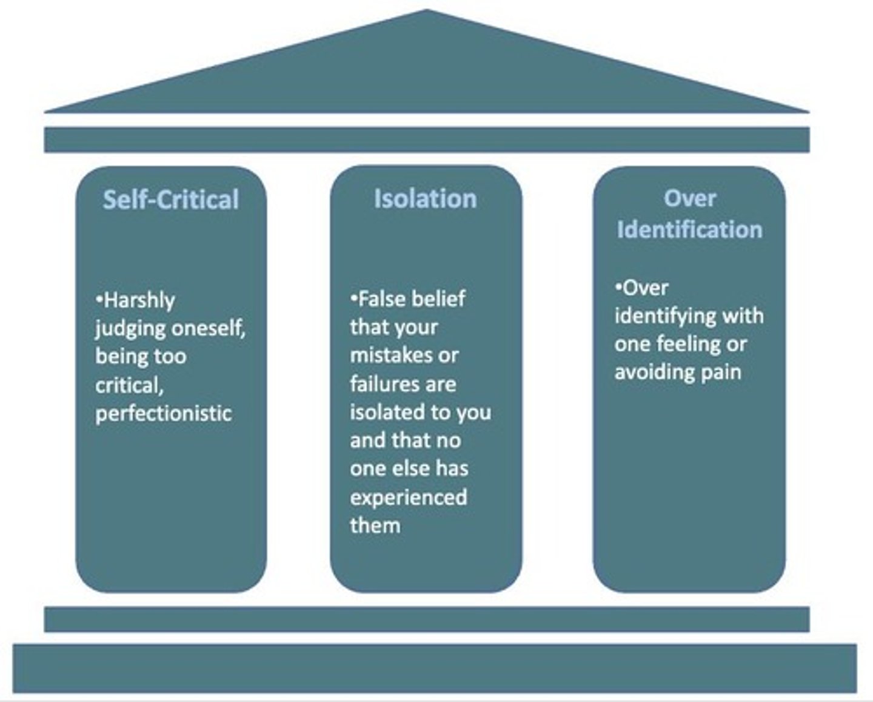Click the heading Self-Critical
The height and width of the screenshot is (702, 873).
[x=171, y=200]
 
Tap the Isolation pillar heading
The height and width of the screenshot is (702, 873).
[x=425, y=199]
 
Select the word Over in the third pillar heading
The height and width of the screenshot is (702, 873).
[x=689, y=198]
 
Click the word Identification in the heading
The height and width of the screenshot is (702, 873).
[x=689, y=229]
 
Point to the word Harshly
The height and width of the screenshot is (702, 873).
[x=139, y=300]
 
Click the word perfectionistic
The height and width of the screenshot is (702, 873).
[x=164, y=413]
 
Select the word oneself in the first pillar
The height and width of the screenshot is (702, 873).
[x=207, y=328]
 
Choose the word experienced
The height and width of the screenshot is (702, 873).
[x=409, y=497]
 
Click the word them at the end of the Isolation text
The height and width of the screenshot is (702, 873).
[x=375, y=525]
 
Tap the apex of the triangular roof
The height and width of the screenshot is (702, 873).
[x=427, y=12]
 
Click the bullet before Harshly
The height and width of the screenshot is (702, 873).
[x=99, y=299]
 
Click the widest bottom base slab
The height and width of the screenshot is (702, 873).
[x=434, y=668]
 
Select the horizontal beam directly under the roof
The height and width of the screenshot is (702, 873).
[x=427, y=140]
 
